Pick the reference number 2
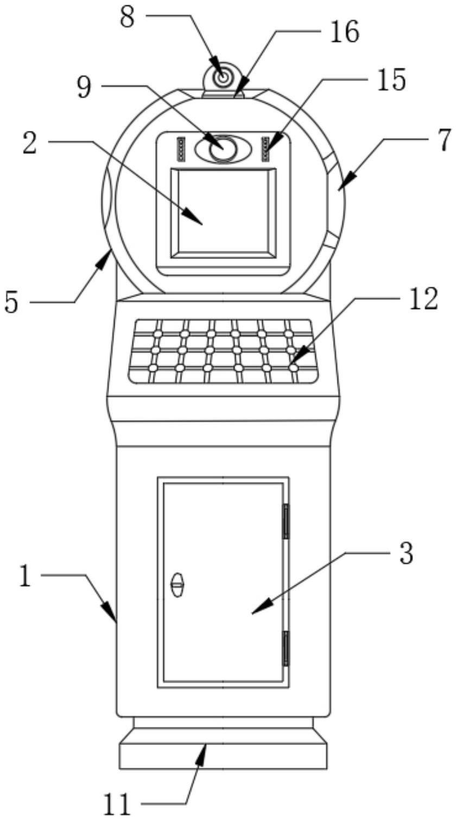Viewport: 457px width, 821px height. point(30,143)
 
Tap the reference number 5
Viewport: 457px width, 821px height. point(11,302)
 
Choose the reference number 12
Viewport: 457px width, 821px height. point(423,299)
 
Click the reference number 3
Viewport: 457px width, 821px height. point(405,554)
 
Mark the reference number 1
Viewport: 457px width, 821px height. point(25,576)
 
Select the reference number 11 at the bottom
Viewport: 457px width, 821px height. point(118,804)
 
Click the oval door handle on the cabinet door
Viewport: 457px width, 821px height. point(177,585)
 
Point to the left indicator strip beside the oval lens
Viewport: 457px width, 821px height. point(181,149)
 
